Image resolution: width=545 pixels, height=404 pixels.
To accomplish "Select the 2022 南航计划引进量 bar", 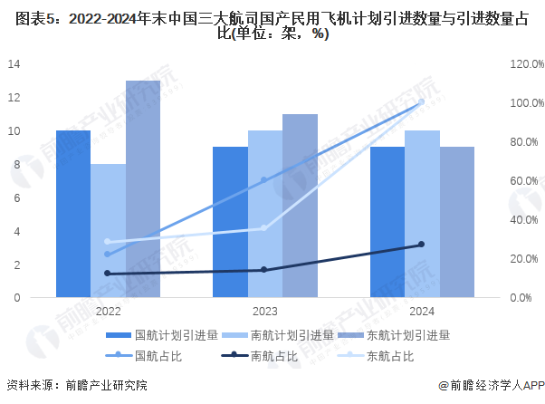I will (108, 230).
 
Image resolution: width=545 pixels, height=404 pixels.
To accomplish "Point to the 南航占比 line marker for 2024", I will (422, 245).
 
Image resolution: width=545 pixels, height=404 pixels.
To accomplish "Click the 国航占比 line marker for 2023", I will (264, 180).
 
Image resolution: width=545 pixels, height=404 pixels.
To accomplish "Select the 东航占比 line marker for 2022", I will (108, 242).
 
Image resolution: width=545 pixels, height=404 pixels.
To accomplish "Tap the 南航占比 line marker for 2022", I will (108, 274).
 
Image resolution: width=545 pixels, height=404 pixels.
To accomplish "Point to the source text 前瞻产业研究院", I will (104, 386).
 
